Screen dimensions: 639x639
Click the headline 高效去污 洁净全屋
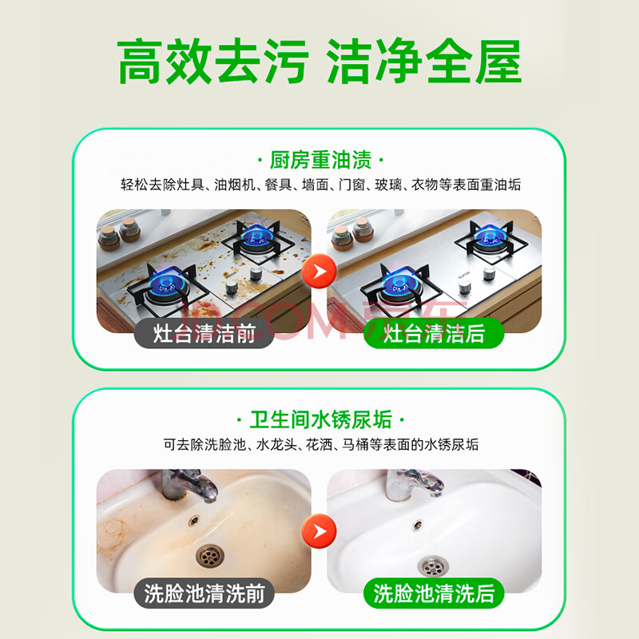click(x=319, y=62)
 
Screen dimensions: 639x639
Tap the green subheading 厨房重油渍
click(x=320, y=160)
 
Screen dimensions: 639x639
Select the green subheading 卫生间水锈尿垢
click(x=320, y=419)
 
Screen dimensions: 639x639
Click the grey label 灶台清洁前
click(x=204, y=333)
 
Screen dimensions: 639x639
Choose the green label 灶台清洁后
click(x=434, y=333)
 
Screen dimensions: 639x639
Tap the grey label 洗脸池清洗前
click(x=204, y=593)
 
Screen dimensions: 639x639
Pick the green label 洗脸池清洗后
click(x=434, y=593)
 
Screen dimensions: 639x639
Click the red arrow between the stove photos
click(x=319, y=271)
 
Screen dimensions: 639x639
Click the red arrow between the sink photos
click(x=319, y=531)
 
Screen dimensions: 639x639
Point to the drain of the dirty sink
click(x=210, y=557)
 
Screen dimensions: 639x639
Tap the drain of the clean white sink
click(x=433, y=566)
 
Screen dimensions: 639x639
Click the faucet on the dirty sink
click(x=188, y=486)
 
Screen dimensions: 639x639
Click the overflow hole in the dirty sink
click(x=193, y=520)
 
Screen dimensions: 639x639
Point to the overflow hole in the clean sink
click(x=417, y=525)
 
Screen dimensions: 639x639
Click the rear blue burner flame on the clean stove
click(x=487, y=235)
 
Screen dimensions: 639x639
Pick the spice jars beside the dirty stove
click(x=119, y=233)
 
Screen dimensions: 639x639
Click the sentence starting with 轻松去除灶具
click(x=321, y=185)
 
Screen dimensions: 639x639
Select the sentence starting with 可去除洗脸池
click(x=321, y=445)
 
